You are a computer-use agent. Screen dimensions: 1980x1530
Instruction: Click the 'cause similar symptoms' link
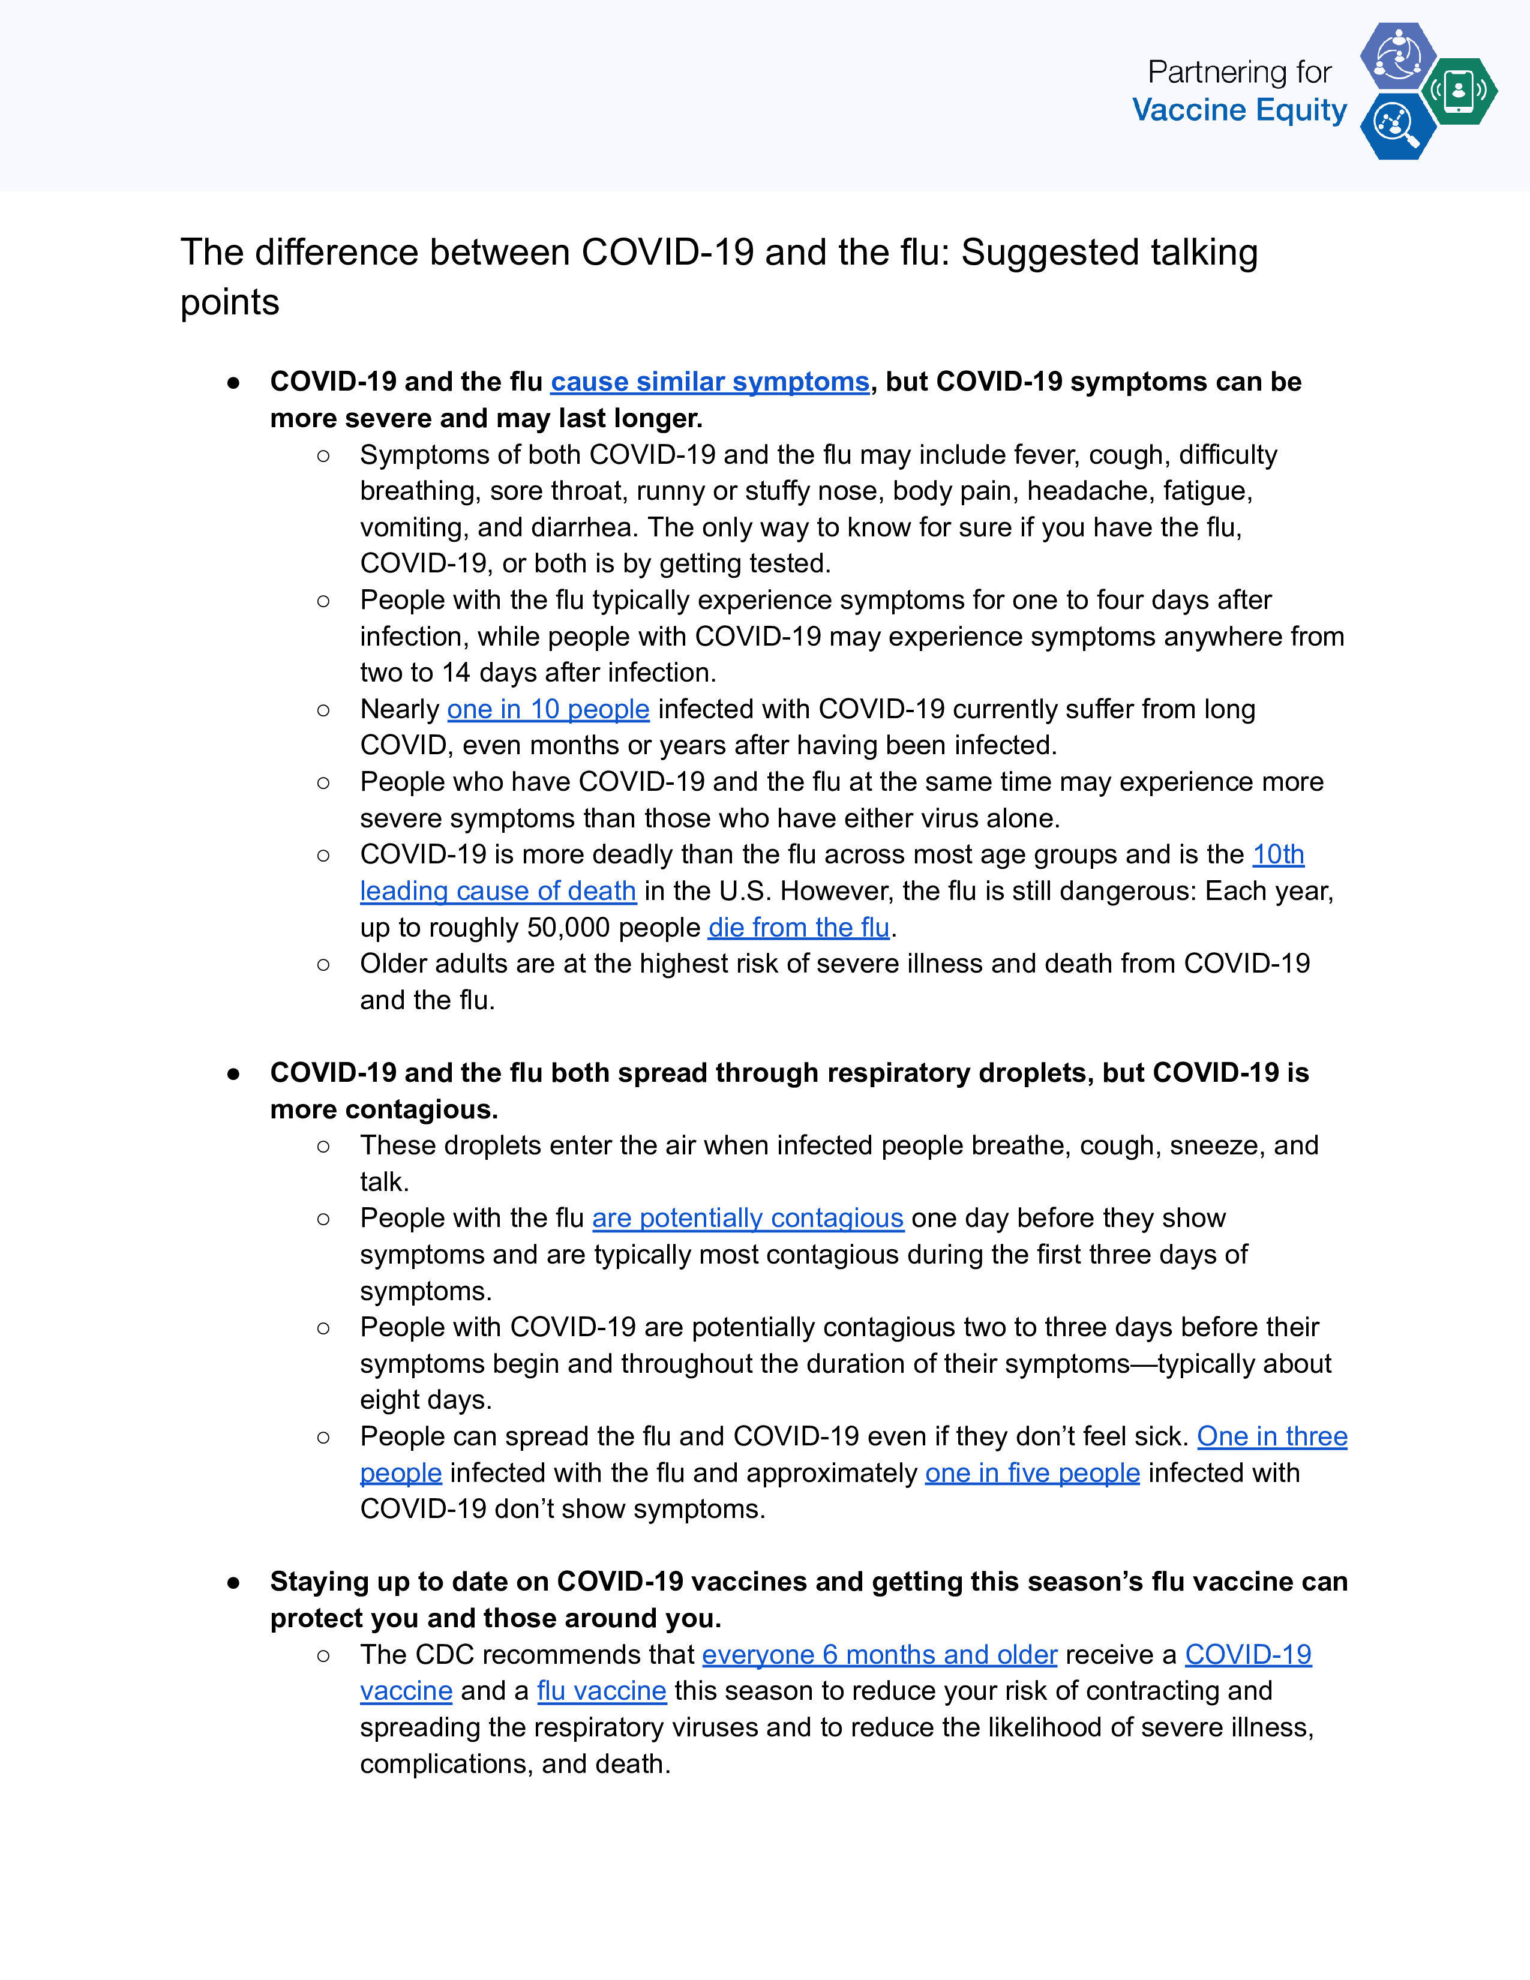pos(710,382)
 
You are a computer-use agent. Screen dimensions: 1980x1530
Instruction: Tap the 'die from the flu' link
pos(799,928)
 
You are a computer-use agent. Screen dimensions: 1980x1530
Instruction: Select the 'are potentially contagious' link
pos(748,1217)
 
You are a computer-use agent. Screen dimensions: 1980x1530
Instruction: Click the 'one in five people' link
pos(1031,1472)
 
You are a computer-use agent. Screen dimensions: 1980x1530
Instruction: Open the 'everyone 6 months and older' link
pos(879,1655)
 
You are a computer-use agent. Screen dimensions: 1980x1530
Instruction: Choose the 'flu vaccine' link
pos(601,1691)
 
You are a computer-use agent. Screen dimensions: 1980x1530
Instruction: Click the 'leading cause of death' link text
pos(497,891)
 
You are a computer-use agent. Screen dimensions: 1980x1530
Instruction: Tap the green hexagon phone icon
pos(1459,91)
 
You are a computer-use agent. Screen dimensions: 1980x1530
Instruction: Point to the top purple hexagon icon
pos(1397,55)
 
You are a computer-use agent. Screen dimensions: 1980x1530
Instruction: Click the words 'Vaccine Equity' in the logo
pos(1239,110)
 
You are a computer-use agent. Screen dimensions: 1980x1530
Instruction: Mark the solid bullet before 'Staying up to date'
pos(234,1583)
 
